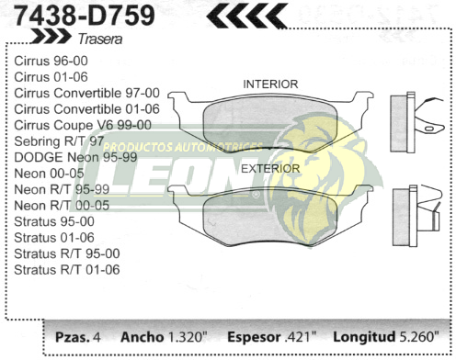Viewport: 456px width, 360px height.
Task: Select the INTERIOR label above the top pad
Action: tap(269, 84)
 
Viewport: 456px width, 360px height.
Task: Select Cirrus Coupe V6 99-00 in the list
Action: tap(83, 125)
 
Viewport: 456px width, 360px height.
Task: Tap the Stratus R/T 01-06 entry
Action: tap(67, 270)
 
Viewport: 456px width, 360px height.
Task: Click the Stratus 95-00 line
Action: tap(53, 221)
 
